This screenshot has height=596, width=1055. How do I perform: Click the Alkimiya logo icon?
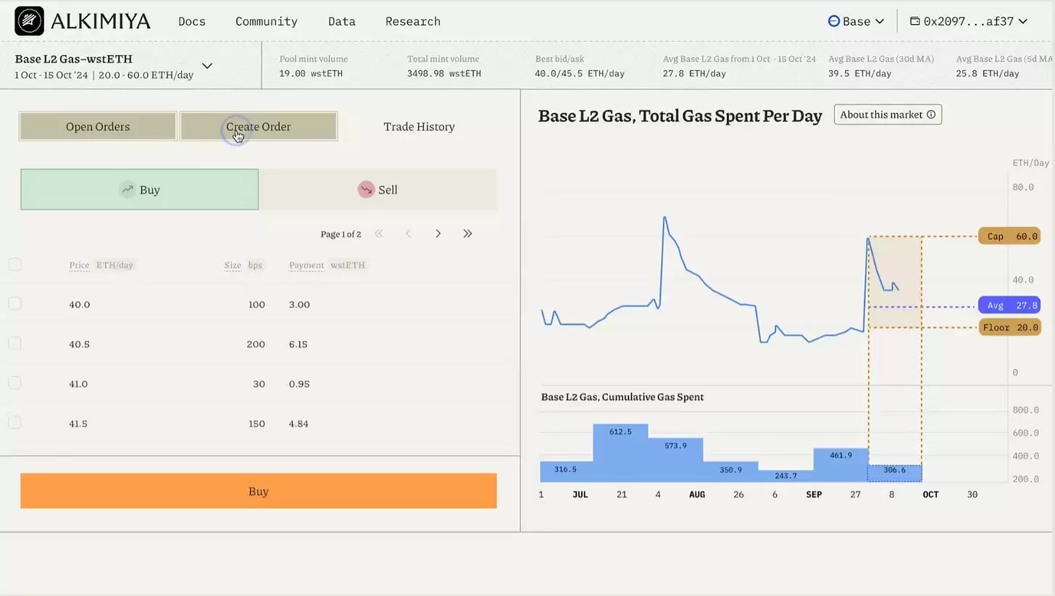tap(29, 21)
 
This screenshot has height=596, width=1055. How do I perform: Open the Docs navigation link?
tap(192, 21)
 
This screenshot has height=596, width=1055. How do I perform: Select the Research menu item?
tap(413, 21)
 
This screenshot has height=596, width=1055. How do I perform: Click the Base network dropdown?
tap(856, 21)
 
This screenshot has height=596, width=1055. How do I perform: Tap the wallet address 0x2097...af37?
tap(969, 21)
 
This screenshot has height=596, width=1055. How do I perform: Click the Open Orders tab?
tap(98, 126)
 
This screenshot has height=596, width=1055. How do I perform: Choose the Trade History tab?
tap(419, 126)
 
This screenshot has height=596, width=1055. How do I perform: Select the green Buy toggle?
tap(139, 189)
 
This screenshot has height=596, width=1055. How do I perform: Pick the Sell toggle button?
tap(378, 189)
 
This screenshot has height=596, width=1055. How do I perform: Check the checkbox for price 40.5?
tap(14, 343)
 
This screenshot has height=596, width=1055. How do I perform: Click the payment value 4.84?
tap(299, 423)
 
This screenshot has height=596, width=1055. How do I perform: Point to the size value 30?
tap(259, 384)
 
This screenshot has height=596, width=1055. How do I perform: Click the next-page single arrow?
tap(438, 233)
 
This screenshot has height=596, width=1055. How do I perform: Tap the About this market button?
tap(888, 115)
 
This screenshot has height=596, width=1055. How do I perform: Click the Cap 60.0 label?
tap(1009, 236)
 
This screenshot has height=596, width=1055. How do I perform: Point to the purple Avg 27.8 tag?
tap(1009, 305)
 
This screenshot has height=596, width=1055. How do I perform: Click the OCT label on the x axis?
tap(930, 494)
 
